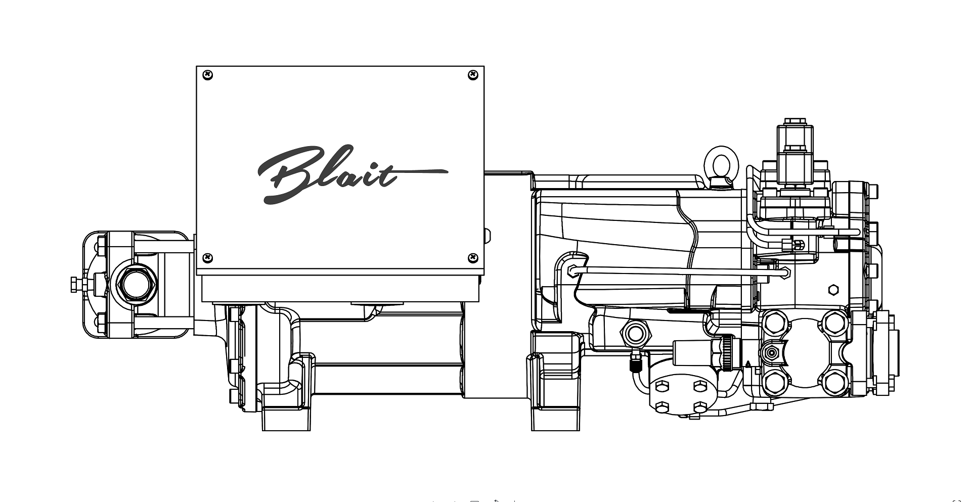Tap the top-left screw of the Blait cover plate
coord(207,75)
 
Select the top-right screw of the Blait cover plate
coord(473,75)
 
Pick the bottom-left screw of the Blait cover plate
coord(207,258)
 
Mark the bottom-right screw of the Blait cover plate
coord(473,258)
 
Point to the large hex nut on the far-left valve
coord(135,284)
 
